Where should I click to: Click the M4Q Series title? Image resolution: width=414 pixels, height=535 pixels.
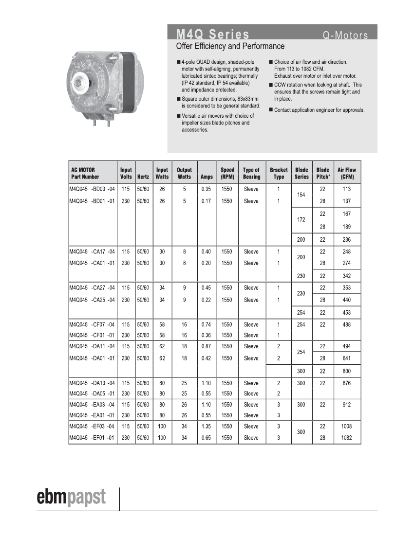tap(212, 35)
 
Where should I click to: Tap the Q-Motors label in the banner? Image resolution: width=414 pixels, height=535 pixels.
tap(345, 36)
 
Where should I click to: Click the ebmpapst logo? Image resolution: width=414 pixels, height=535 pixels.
tap(72, 498)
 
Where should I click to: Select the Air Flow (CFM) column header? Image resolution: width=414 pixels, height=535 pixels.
tap(347, 174)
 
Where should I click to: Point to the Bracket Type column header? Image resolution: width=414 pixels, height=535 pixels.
tap(279, 174)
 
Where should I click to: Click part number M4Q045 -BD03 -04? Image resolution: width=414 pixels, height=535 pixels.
tap(92, 189)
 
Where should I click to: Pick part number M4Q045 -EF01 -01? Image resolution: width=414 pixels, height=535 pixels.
tap(92, 438)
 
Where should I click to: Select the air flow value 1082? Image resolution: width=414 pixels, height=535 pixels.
tap(347, 438)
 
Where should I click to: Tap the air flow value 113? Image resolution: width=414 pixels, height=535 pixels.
tap(347, 189)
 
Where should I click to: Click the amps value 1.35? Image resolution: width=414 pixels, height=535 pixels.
tap(207, 427)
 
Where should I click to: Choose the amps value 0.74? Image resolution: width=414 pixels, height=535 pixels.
tap(207, 325)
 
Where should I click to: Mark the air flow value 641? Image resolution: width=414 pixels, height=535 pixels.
tap(347, 358)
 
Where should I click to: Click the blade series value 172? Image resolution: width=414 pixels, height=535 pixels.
tap(301, 220)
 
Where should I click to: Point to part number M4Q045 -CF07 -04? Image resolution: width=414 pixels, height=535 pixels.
tap(92, 325)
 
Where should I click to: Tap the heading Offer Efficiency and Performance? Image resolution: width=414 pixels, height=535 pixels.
tap(230, 47)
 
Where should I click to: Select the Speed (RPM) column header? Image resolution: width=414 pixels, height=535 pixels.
tap(227, 174)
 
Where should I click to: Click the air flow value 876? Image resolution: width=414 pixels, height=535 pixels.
tap(347, 383)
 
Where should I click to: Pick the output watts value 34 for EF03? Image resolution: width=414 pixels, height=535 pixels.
tap(184, 427)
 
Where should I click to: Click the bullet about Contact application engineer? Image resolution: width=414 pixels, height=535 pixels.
tap(319, 110)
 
